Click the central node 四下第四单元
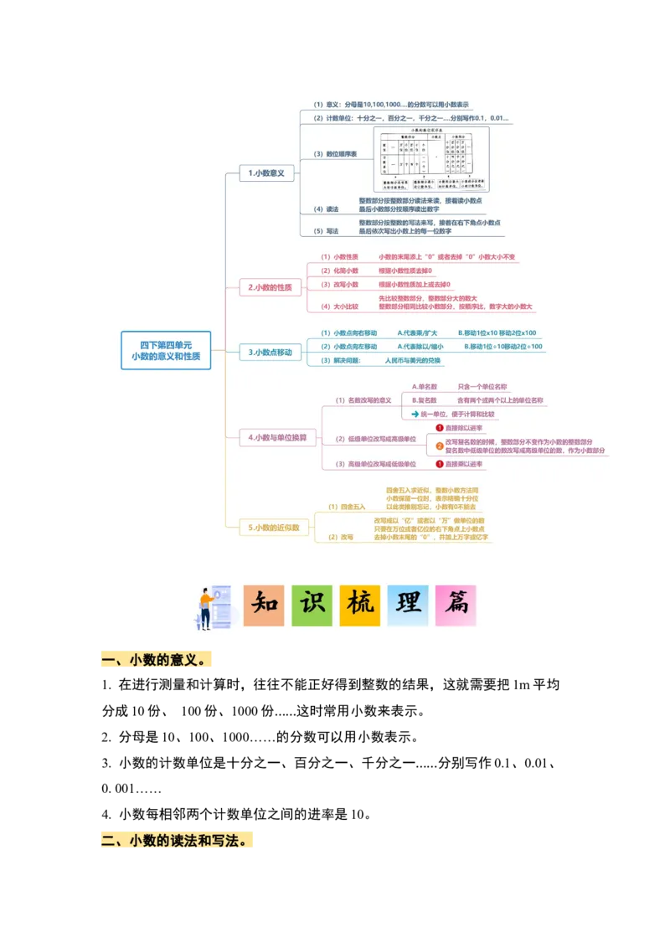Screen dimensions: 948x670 coord(166,351)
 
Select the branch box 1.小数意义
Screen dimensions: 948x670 coord(266,173)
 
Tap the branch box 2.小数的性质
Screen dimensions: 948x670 coord(270,287)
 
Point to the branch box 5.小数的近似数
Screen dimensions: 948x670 coord(273,528)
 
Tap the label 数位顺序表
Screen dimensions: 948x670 coord(335,154)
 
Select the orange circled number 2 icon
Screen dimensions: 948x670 coord(440,446)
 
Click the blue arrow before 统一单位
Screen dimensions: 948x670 coord(415,414)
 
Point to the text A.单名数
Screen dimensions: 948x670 coord(425,387)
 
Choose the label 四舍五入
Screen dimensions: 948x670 coord(347,507)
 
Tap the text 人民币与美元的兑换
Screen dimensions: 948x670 coord(413,360)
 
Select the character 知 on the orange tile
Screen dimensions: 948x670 coord(264,605)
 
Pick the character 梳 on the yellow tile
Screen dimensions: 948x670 coord(360,605)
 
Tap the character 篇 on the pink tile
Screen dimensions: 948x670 coord(456,605)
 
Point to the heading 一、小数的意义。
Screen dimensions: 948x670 coord(157,661)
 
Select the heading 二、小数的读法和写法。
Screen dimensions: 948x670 coord(177,840)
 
